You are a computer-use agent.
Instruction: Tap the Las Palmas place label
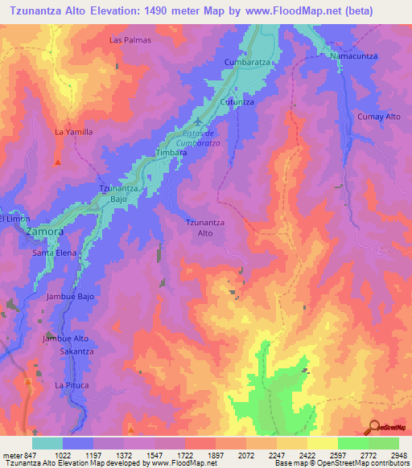(130, 39)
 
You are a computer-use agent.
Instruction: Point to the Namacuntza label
(354, 57)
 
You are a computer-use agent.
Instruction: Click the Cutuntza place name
(237, 102)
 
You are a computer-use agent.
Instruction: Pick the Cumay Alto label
(378, 117)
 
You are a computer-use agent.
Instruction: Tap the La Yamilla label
(73, 132)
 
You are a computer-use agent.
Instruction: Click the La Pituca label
(70, 385)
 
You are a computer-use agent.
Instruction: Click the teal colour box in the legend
(47, 443)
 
